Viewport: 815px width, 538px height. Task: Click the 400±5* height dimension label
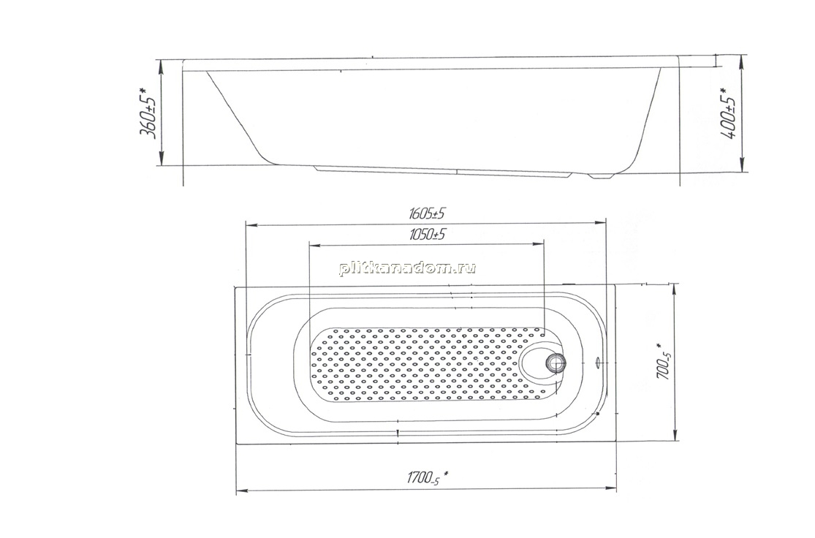pos(729,113)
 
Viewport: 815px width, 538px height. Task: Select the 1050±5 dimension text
pos(428,234)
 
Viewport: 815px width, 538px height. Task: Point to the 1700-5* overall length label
pos(428,477)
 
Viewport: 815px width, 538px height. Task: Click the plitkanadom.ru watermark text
pos(408,268)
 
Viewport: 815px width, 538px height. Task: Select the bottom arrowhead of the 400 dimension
pos(742,167)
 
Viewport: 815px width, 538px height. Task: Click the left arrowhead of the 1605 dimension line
pos(251,225)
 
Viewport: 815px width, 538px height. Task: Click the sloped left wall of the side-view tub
pos(237,117)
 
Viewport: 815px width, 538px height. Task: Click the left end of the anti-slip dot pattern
pos(314,364)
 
